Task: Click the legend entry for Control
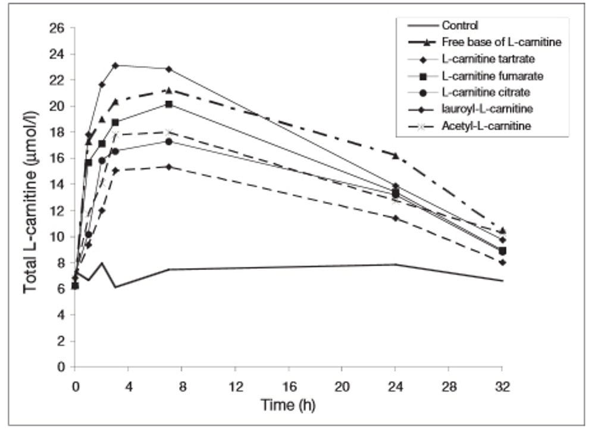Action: click(x=460, y=26)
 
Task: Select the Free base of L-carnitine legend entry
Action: click(x=501, y=42)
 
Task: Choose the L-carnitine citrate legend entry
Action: click(x=486, y=92)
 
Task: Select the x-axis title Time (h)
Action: click(x=288, y=406)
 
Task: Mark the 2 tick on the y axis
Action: click(x=61, y=341)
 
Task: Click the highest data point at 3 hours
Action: click(x=115, y=65)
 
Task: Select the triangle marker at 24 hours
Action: click(x=396, y=155)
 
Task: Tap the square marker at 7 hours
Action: click(x=169, y=104)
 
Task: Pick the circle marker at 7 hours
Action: click(x=169, y=142)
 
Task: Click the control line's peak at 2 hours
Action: click(x=102, y=263)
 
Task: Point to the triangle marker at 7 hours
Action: click(x=169, y=90)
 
